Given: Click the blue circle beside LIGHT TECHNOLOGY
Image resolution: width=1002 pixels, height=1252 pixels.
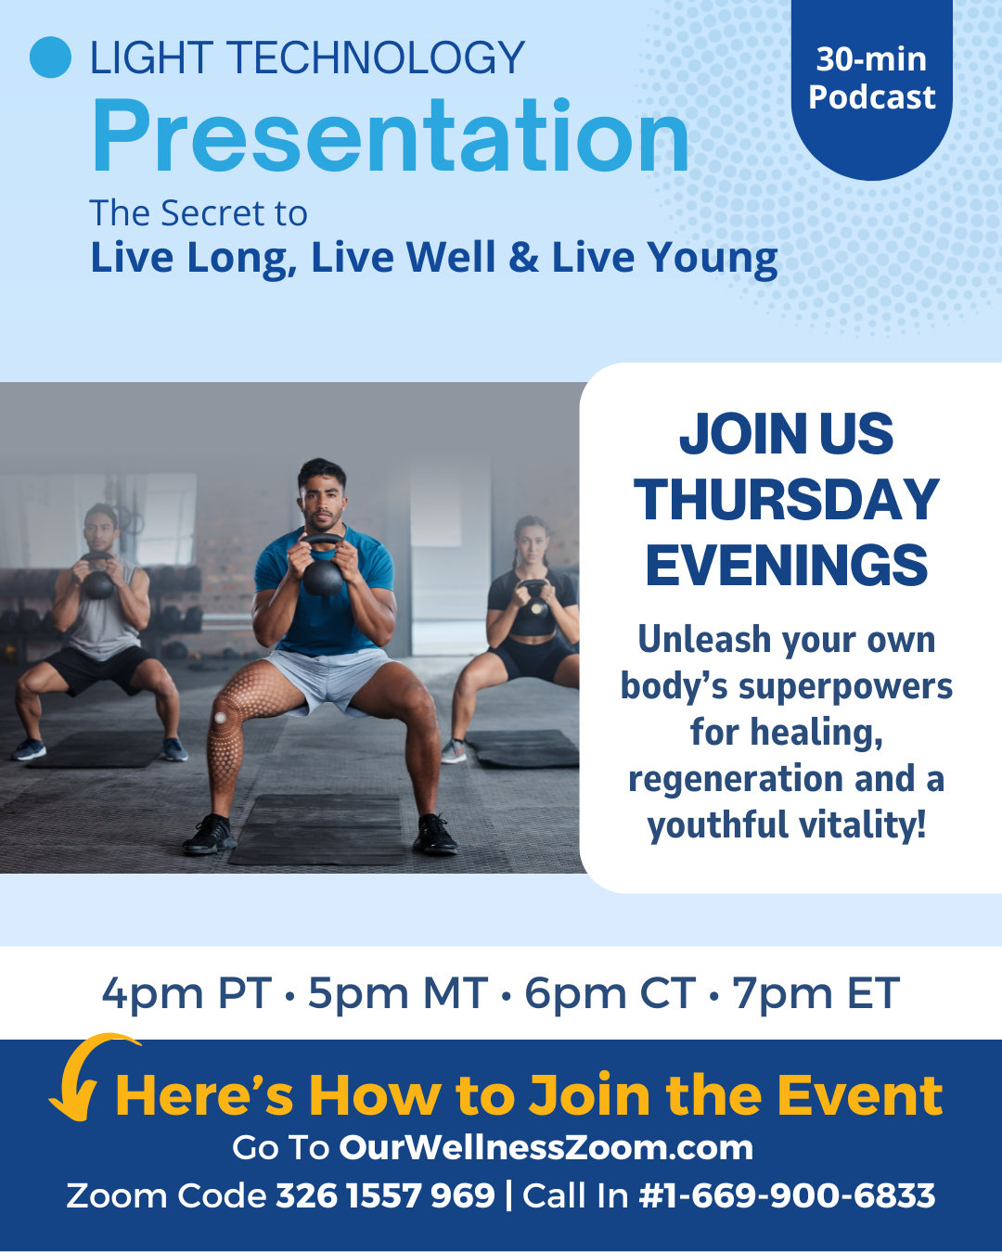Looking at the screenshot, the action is tap(51, 57).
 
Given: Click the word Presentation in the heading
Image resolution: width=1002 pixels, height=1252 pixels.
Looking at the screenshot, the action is tap(390, 136).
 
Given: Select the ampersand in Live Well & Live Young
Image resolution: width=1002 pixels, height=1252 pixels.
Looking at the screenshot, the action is tap(523, 257).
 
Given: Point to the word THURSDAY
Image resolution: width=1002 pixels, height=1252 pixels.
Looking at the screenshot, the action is tap(787, 500).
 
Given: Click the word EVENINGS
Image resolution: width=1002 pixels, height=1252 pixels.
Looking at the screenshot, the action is tap(787, 565).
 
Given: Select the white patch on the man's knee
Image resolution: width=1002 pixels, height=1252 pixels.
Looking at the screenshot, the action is tap(220, 717).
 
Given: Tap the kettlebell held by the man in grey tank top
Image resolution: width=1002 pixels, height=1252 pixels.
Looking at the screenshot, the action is tap(97, 578).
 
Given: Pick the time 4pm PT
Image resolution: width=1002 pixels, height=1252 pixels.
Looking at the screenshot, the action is tap(186, 993).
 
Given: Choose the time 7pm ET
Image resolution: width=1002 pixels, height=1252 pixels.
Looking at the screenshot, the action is tap(816, 993).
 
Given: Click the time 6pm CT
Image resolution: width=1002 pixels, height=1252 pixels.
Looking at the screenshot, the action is tap(610, 993).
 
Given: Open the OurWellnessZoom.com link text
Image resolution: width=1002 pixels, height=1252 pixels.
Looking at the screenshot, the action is tap(546, 1147).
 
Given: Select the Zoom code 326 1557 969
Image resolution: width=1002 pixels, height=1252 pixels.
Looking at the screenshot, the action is tap(385, 1195).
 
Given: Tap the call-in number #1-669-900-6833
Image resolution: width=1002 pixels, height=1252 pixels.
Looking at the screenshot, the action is tap(787, 1195).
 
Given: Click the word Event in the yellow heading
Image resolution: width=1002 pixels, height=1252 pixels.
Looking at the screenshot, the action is tap(860, 1095).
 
